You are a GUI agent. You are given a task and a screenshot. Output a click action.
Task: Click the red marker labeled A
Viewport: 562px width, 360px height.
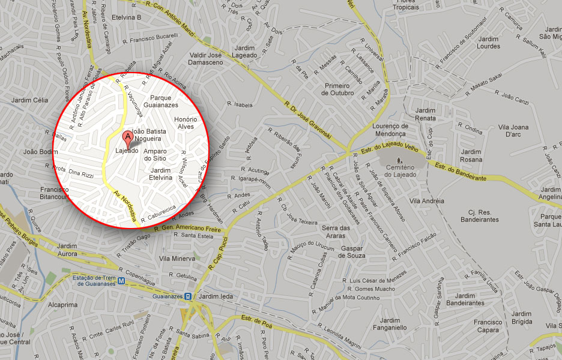click(127, 135)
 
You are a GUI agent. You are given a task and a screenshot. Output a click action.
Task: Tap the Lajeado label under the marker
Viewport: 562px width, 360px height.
click(127, 151)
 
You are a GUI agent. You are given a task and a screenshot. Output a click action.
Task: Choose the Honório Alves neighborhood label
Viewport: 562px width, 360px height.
click(186, 123)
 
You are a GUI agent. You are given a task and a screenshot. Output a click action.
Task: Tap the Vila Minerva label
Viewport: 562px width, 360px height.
click(177, 258)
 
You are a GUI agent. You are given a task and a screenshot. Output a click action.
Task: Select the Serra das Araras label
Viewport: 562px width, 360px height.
click(336, 232)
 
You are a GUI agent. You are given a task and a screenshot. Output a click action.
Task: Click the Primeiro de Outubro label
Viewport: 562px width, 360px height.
click(337, 89)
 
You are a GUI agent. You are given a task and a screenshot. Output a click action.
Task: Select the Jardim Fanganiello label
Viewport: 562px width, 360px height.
click(390, 324)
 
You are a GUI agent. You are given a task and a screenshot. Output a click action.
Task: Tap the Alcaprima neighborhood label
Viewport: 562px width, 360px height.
click(63, 304)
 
